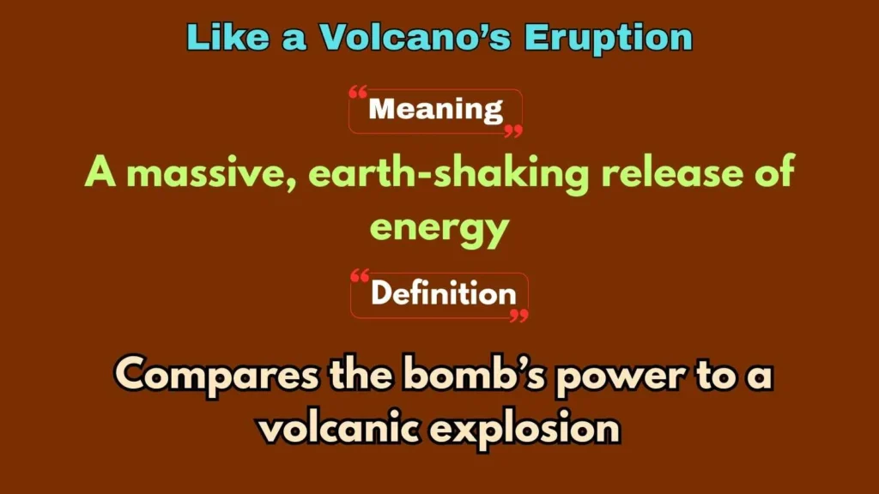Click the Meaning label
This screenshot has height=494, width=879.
tap(435, 110)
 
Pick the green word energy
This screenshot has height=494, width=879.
tap(439, 226)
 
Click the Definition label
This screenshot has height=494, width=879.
tap(443, 293)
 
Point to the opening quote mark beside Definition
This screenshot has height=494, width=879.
tap(361, 276)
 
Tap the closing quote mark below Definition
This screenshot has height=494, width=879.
tap(518, 315)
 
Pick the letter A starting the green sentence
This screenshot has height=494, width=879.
tap(100, 174)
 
